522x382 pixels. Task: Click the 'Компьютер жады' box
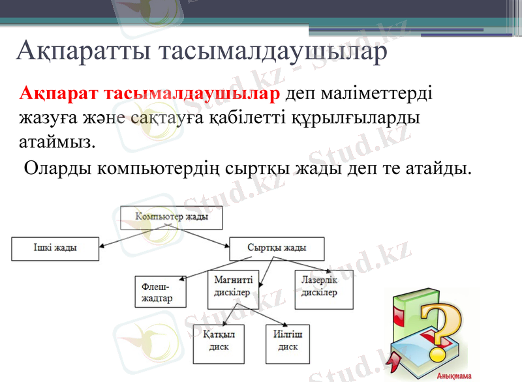tap(172, 218)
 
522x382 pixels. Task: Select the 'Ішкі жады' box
tap(55, 248)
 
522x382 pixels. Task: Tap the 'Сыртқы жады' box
tap(277, 248)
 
